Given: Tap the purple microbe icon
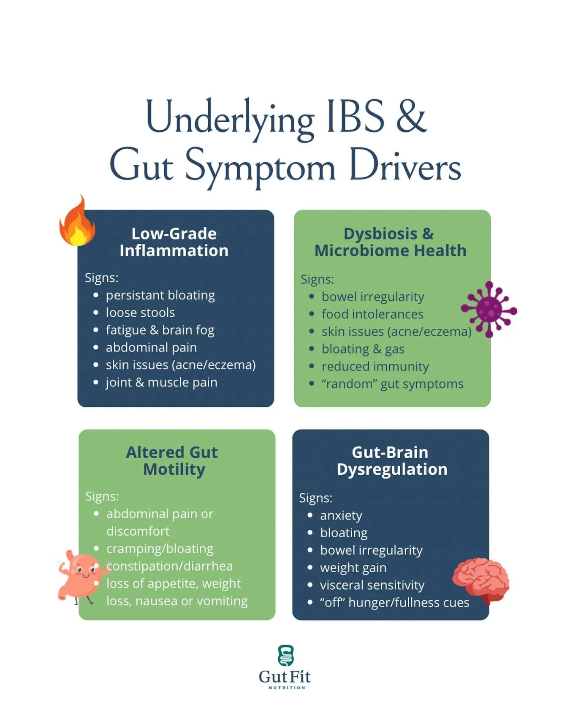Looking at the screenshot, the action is pyautogui.click(x=489, y=309).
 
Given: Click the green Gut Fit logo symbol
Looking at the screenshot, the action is pyautogui.click(x=285, y=655).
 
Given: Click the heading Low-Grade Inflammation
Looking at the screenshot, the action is pyautogui.click(x=174, y=242).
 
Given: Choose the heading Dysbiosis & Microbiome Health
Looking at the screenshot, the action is pyautogui.click(x=391, y=242).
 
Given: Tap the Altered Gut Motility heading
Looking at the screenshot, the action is pyautogui.click(x=172, y=461).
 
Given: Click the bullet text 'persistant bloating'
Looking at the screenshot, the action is pyautogui.click(x=160, y=295).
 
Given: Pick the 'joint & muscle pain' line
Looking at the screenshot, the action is pyautogui.click(x=161, y=382).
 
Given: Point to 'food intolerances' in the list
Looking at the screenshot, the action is pyautogui.click(x=372, y=314).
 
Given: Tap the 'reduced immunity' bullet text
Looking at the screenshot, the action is pyautogui.click(x=375, y=366).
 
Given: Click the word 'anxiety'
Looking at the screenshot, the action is pyautogui.click(x=341, y=515).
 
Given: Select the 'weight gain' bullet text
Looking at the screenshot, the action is pyautogui.click(x=353, y=568).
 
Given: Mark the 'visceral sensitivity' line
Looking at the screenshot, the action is pyautogui.click(x=372, y=585).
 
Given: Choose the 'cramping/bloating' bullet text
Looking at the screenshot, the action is pyautogui.click(x=160, y=549).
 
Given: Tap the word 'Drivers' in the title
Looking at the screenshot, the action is pyautogui.click(x=404, y=167).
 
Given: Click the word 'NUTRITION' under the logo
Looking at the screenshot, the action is pyautogui.click(x=287, y=688).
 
